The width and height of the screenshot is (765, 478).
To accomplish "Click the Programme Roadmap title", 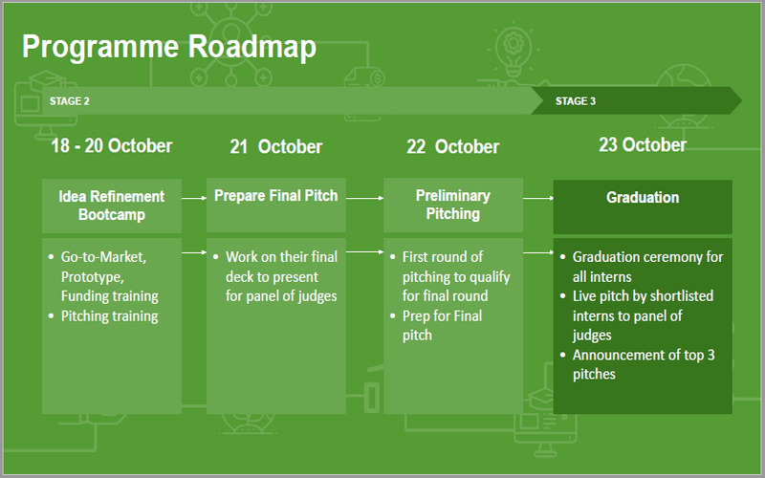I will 168,47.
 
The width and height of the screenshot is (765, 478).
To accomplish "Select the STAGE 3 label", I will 576,100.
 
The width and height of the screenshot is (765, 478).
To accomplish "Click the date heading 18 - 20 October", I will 112,145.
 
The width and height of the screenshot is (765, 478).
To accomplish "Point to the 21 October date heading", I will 275,147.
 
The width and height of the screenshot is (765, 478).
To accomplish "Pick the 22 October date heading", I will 452,147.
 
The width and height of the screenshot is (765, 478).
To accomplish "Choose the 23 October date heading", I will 643,144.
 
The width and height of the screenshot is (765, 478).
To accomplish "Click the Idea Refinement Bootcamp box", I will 112,206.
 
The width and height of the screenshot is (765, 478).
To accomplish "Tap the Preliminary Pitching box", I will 453,205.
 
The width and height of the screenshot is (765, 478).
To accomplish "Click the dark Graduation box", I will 643,206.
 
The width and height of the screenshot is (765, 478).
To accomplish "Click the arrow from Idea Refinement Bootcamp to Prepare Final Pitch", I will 194,198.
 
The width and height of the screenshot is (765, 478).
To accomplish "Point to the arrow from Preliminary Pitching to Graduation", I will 537,198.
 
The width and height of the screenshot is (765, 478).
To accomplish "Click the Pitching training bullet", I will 109,315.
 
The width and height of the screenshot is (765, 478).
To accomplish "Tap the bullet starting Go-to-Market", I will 109,276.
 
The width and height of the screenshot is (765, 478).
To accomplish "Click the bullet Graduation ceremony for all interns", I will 647,267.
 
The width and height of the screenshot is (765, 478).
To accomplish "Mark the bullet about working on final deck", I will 281,276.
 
